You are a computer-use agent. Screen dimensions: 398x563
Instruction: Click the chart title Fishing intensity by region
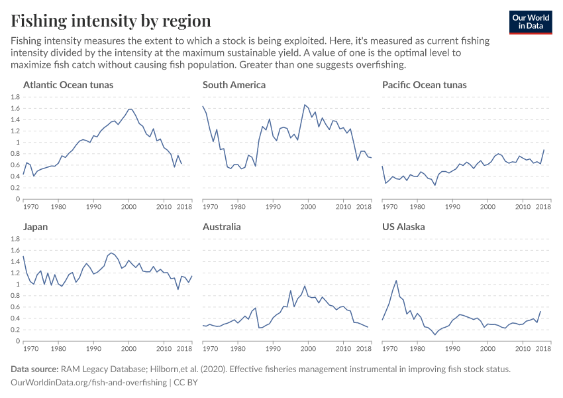click(x=111, y=21)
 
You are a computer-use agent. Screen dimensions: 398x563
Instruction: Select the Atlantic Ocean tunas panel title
click(x=68, y=85)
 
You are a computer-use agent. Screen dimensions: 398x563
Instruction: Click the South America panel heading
click(x=234, y=85)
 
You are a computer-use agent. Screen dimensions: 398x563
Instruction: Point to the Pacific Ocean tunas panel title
click(x=424, y=85)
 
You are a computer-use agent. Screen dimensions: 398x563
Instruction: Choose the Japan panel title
click(x=35, y=227)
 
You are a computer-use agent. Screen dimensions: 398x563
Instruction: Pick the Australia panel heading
click(x=221, y=227)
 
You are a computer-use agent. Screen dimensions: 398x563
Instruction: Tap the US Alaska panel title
click(x=403, y=227)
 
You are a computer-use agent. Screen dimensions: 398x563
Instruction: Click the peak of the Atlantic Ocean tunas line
click(x=130, y=109)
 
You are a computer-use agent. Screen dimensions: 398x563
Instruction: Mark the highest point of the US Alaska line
click(x=396, y=281)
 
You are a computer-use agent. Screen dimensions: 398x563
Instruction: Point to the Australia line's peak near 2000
click(x=304, y=286)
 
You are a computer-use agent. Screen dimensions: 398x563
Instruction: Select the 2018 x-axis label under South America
click(x=364, y=207)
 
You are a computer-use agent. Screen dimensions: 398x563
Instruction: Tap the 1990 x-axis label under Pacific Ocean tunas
click(x=452, y=207)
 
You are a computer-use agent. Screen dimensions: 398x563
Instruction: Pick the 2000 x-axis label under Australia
click(x=307, y=349)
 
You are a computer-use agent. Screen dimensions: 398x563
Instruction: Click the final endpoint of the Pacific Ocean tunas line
click(x=544, y=150)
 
